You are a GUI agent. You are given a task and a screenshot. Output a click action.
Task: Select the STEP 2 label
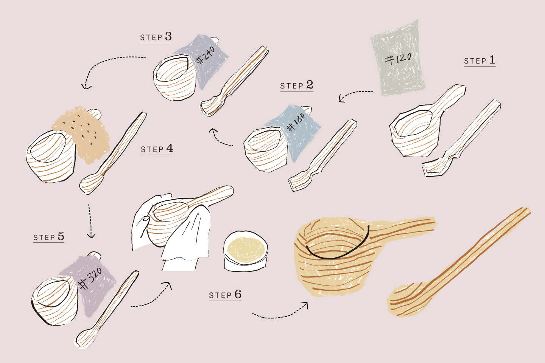[x=297, y=85]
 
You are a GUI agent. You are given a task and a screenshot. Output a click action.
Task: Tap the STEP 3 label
[x=156, y=37]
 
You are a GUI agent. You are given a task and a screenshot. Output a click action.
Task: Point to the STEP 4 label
[x=157, y=149]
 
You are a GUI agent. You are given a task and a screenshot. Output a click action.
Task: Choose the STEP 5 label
[x=49, y=237]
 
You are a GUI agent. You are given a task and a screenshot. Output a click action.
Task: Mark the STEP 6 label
[x=225, y=295]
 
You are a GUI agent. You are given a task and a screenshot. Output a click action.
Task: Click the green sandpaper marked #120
[x=398, y=58]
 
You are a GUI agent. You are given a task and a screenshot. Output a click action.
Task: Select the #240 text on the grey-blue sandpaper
[x=206, y=56]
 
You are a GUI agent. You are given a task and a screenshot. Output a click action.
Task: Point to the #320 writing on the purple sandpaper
[x=90, y=278]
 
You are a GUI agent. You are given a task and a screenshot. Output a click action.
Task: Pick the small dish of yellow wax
[x=246, y=251]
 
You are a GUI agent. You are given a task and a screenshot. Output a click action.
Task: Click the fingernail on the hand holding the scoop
[x=146, y=219]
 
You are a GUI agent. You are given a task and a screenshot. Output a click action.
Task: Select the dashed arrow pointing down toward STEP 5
[x=90, y=221]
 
